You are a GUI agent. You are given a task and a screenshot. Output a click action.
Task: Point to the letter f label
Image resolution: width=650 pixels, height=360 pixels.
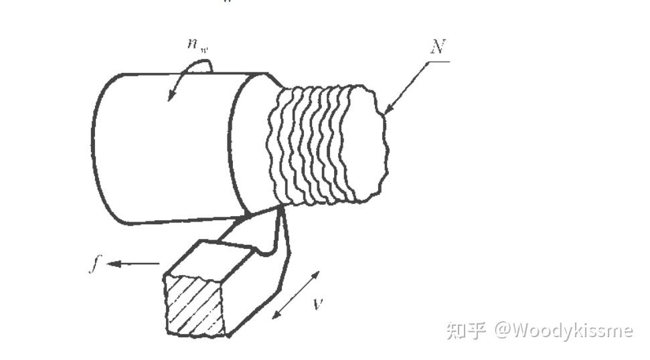pos(94,264)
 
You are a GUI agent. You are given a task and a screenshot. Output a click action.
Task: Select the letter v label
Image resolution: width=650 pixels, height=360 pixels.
pos(319,303)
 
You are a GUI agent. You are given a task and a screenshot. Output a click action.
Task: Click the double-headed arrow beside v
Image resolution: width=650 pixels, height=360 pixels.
pos(296,295)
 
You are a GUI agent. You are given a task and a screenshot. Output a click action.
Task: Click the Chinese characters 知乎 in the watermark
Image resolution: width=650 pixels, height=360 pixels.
pos(467,329)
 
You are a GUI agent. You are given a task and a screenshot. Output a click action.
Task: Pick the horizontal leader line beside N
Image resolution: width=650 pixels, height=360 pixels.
pos(438,62)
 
